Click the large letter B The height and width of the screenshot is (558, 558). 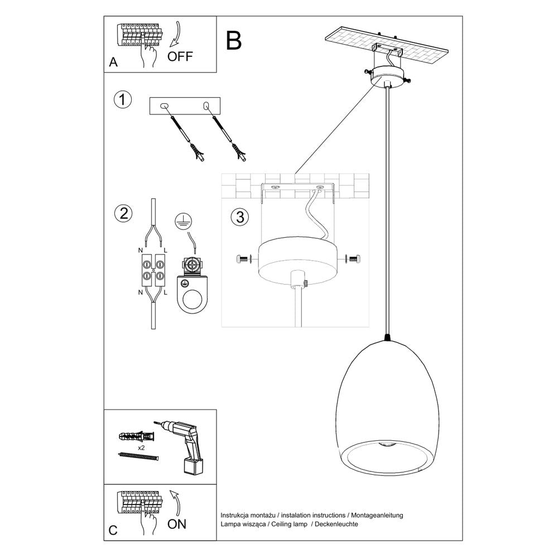[234, 40]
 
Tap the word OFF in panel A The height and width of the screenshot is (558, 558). [180, 56]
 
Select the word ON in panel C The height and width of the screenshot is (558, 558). [177, 523]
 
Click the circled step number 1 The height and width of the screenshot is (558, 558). [122, 100]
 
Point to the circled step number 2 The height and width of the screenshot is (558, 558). [122, 213]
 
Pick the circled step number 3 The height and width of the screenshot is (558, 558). [238, 217]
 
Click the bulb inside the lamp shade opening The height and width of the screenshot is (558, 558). [386, 445]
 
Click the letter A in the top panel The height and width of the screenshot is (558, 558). [113, 62]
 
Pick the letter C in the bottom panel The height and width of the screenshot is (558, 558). [113, 531]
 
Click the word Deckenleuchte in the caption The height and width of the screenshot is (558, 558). [336, 525]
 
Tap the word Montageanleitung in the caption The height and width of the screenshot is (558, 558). [378, 515]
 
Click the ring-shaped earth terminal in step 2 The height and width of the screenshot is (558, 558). [192, 296]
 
